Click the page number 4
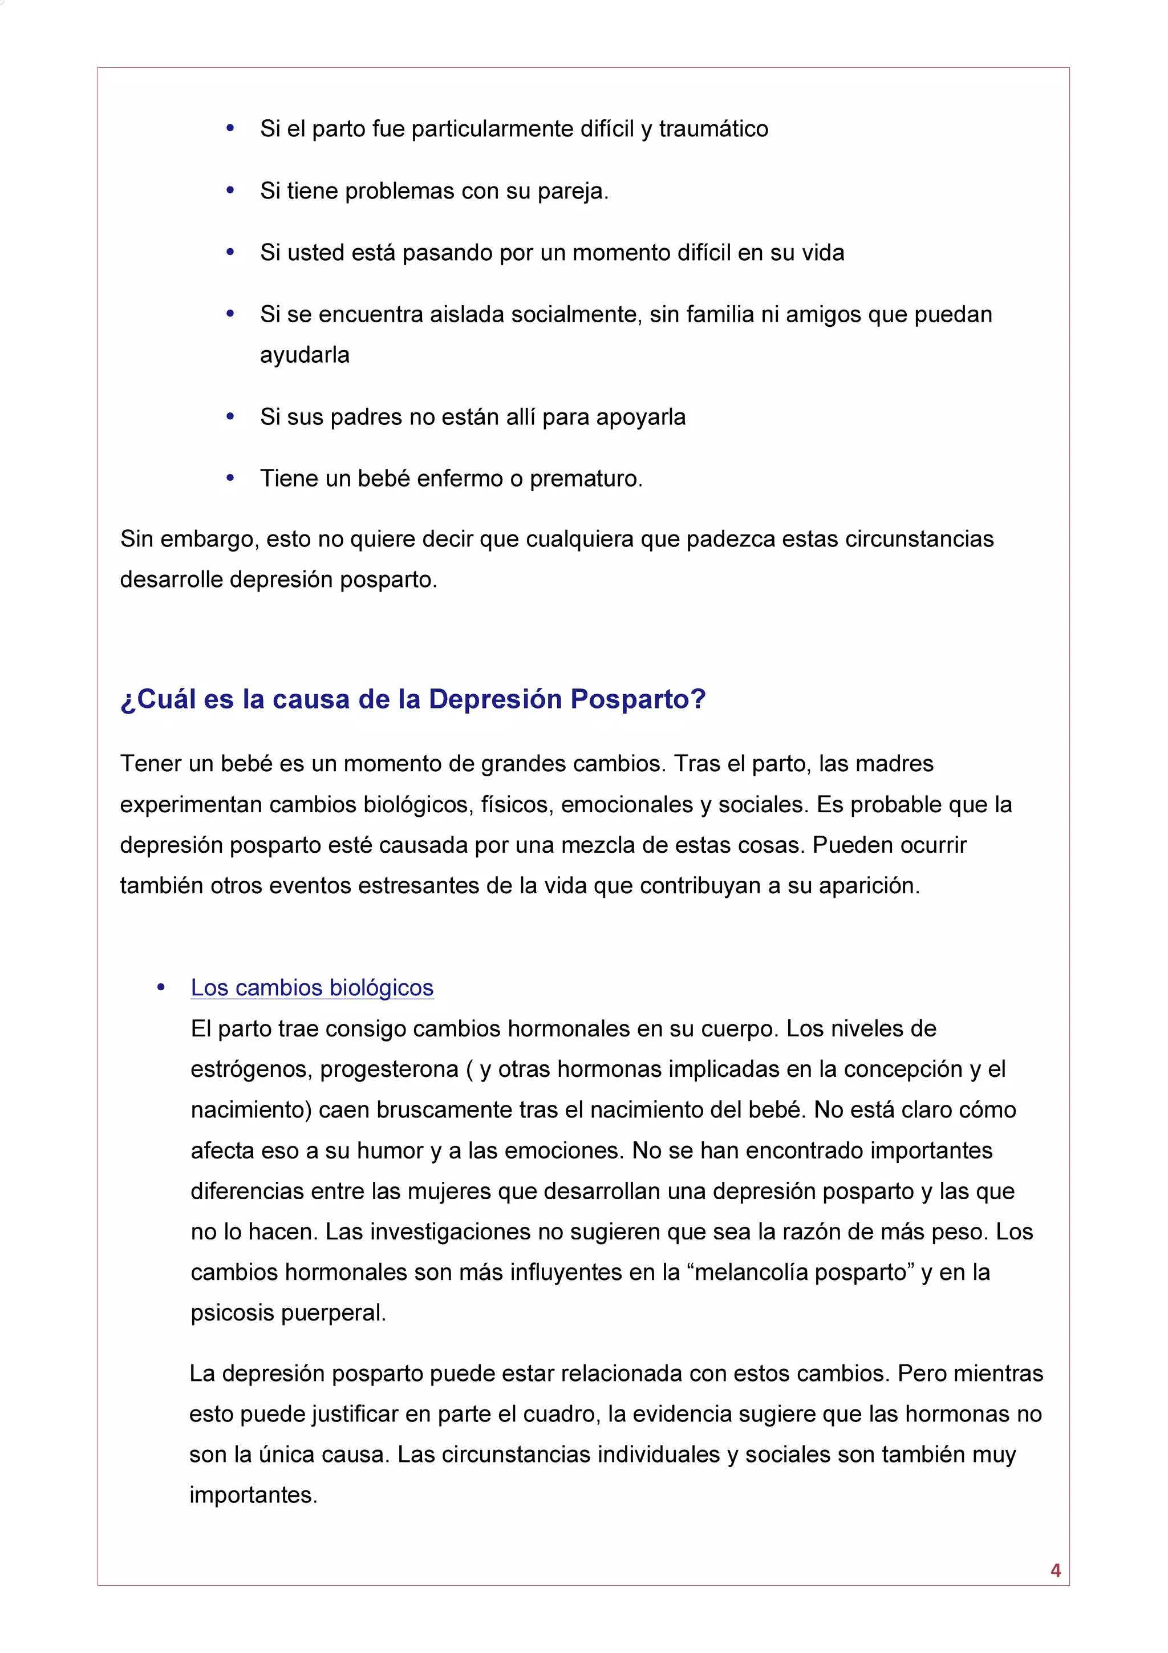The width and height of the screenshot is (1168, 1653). tap(1055, 1570)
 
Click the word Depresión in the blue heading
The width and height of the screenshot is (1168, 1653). tap(494, 699)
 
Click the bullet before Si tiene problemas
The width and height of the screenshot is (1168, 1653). tap(230, 190)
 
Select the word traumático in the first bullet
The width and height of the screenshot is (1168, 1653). tap(713, 129)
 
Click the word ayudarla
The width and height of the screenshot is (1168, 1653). tap(305, 355)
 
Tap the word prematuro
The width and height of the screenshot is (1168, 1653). tap(586, 479)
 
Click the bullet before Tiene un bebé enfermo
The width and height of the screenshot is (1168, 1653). tap(230, 477)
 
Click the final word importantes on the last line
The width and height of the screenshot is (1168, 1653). tap(253, 1496)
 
